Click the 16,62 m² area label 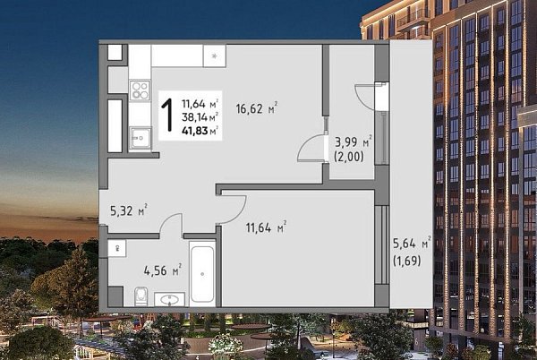[x=257, y=108]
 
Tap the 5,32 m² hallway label [x=129, y=210]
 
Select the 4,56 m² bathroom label [x=163, y=270]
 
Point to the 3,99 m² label [x=354, y=141]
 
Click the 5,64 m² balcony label [x=412, y=244]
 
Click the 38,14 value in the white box [x=195, y=117]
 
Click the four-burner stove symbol [x=141, y=90]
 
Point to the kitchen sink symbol [x=141, y=138]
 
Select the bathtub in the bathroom [x=202, y=274]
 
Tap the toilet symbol [x=141, y=296]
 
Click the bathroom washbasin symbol [x=169, y=299]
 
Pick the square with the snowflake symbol [x=215, y=56]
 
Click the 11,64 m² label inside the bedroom [x=266, y=227]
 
